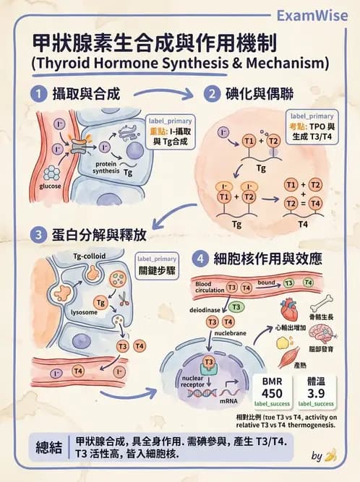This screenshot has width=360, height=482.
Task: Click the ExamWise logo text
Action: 312,15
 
